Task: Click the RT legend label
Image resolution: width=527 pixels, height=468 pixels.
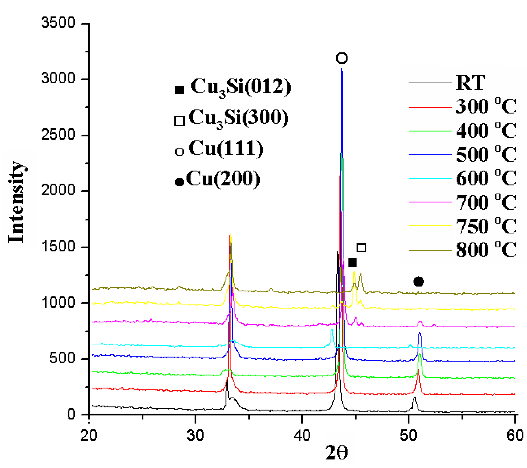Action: tap(470, 83)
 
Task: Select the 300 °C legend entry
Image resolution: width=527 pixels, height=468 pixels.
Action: tap(486, 106)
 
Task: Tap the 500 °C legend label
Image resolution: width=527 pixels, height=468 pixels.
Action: tap(486, 154)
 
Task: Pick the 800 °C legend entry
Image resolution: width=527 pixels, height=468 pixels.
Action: tap(486, 250)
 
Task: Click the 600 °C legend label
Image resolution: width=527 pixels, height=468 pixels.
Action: tap(486, 178)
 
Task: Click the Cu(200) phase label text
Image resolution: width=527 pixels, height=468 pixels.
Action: tap(223, 179)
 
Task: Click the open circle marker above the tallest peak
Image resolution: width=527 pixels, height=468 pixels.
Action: tap(342, 58)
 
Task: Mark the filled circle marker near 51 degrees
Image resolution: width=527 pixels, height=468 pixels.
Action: tap(419, 281)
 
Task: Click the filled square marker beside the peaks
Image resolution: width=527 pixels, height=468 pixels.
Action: tap(352, 262)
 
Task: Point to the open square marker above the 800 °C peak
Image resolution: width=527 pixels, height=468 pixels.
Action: tap(361, 248)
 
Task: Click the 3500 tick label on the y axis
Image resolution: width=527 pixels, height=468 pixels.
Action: tap(58, 23)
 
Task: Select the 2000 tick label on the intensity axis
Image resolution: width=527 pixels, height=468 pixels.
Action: tap(58, 190)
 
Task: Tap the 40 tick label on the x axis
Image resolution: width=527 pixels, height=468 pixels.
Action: tap(302, 435)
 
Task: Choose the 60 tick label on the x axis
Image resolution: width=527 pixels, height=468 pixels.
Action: tap(515, 435)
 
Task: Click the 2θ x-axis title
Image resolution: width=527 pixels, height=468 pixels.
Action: tap(336, 453)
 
